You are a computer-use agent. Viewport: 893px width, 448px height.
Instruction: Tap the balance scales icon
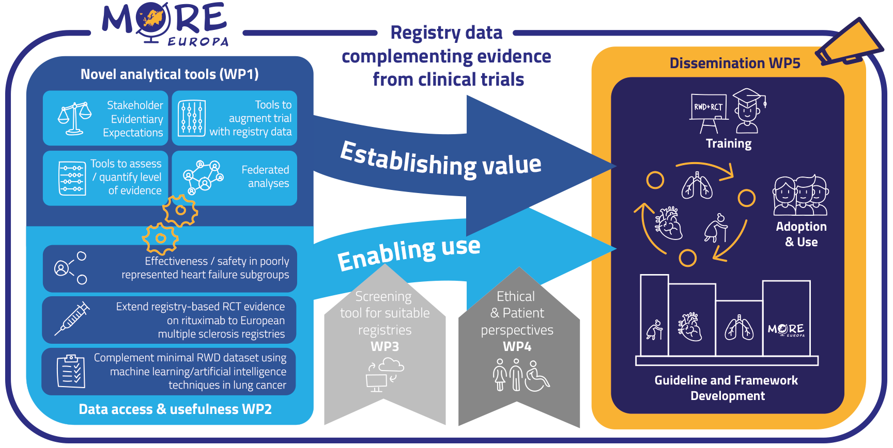coord(74,119)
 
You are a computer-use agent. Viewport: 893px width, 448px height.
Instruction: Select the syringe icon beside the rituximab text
coord(73,318)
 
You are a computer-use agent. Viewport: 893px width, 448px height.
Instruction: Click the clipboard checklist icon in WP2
coord(71,371)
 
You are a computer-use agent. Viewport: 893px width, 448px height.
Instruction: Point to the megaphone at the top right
coord(848,43)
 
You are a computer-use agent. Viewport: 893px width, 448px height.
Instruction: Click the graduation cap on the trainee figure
coord(748,97)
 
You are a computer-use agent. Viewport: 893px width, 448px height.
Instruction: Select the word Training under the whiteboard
coord(729,143)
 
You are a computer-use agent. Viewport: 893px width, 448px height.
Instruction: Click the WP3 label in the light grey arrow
coord(384,347)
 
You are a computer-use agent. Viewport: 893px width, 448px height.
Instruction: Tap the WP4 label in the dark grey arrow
coord(517,347)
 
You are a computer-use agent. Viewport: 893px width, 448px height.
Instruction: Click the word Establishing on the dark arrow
coord(408,159)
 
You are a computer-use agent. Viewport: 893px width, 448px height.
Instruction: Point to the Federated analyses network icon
coord(204,177)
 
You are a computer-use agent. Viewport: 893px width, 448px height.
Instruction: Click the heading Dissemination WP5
coord(734,63)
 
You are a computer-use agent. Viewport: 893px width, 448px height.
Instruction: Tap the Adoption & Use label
coord(801,234)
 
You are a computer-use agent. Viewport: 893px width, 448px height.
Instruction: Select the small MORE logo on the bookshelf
coord(786,330)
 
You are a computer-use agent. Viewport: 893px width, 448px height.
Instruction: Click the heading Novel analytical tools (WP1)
coord(170,74)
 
